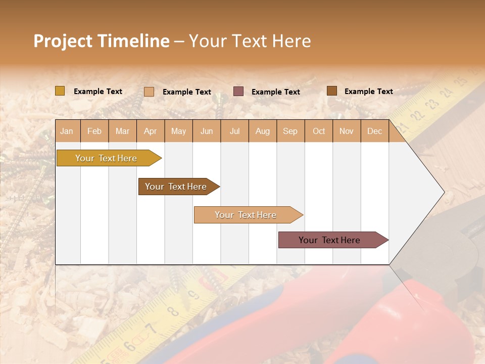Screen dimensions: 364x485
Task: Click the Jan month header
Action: [x=67, y=131]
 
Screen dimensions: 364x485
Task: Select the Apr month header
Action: [x=150, y=131]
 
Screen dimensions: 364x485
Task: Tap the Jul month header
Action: [x=234, y=131]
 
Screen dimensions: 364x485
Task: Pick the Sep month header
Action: [x=290, y=131]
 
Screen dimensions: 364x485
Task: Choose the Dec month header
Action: [x=374, y=131]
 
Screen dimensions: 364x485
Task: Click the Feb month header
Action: [x=94, y=131]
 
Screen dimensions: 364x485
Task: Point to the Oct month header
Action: [x=319, y=131]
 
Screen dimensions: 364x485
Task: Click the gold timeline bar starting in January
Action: [x=106, y=158]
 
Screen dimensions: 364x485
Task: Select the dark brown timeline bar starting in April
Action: [x=176, y=187]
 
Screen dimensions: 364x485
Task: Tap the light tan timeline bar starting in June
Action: [x=246, y=215]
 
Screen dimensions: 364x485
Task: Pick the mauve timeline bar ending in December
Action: [x=329, y=240]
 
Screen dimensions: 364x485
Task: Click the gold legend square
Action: [x=60, y=91]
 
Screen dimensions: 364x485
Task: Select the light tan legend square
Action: [x=149, y=92]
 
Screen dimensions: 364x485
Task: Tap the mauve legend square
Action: [x=238, y=92]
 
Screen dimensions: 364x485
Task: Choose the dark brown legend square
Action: [x=332, y=91]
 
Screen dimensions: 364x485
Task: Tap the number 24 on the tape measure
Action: [x=446, y=93]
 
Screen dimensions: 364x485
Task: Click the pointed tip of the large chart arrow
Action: [x=444, y=192]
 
